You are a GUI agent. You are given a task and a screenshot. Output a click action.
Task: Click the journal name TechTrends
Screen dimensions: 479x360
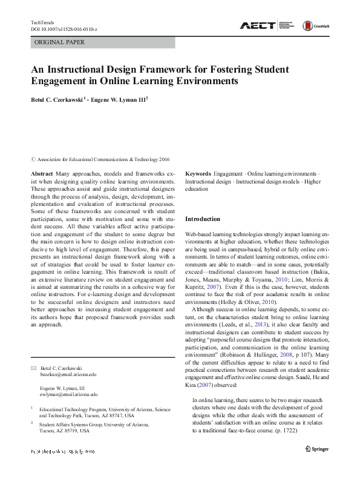pyautogui.click(x=42, y=22)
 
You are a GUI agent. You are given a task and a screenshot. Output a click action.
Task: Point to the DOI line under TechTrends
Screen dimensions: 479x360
pyautogui.click(x=65, y=29)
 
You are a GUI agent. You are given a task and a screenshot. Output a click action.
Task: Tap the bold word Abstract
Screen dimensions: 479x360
pyautogui.click(x=41, y=173)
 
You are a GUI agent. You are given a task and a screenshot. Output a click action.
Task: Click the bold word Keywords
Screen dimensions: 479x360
pyautogui.click(x=198, y=173)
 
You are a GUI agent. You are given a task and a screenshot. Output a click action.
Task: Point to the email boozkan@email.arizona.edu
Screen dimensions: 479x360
pyautogui.click(x=68, y=375)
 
